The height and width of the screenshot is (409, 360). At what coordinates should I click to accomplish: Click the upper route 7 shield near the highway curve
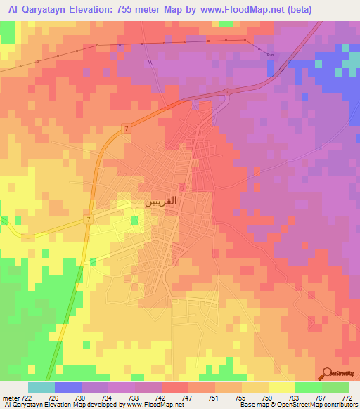pyautogui.click(x=125, y=128)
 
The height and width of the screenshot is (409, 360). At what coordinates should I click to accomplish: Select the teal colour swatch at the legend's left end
pyautogui.click(x=41, y=387)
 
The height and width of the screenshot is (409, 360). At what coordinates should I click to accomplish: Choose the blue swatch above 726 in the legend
pyautogui.click(x=67, y=387)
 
